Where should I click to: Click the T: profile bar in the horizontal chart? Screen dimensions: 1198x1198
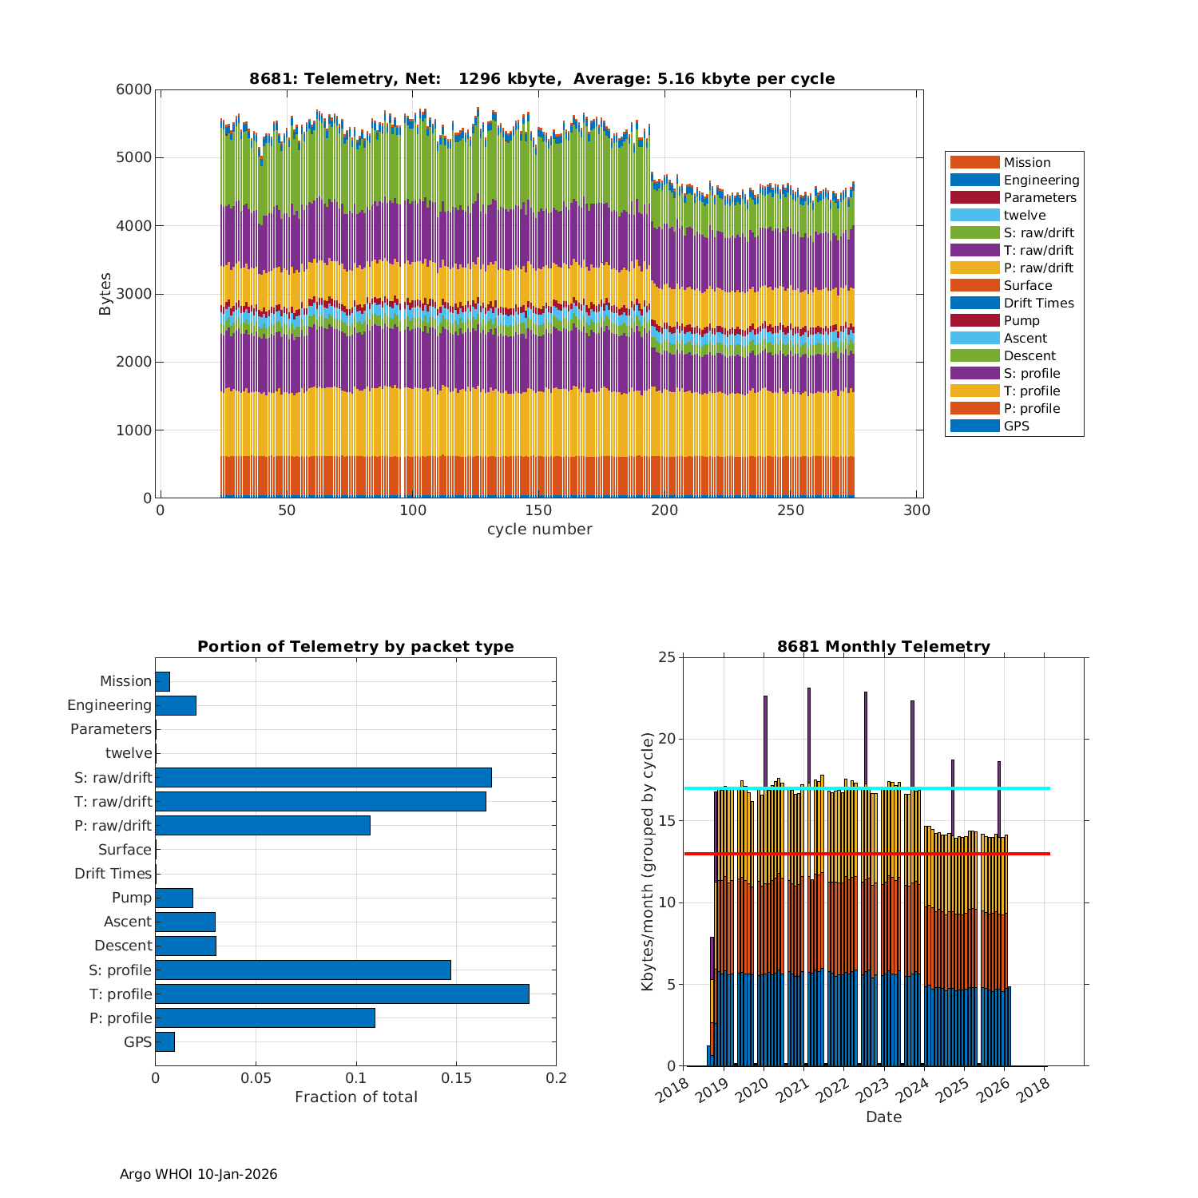(342, 994)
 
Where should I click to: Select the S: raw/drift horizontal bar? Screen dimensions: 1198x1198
(323, 777)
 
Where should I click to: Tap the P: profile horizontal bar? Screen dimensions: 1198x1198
(265, 1018)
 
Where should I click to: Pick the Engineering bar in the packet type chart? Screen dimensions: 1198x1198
(176, 705)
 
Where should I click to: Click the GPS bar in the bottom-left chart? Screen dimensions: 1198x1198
(165, 1041)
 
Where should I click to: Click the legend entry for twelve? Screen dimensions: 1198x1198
(1024, 215)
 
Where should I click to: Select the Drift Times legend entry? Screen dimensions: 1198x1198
(1038, 303)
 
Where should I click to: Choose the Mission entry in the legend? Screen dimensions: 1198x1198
(1026, 162)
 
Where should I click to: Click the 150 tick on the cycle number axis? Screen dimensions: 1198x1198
(538, 511)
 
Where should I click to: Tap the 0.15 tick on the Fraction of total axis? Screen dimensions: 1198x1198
(456, 1078)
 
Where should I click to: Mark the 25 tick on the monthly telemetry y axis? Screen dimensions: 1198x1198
(666, 657)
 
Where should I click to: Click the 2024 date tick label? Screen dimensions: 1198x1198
(910, 1088)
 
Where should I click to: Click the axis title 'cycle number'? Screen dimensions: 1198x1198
(540, 529)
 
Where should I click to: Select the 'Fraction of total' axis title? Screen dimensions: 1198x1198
(355, 1097)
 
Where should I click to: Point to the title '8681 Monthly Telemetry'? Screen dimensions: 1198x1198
(883, 646)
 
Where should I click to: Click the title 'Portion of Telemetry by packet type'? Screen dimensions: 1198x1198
(355, 646)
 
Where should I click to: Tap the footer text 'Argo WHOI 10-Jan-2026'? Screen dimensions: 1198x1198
(198, 1174)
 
